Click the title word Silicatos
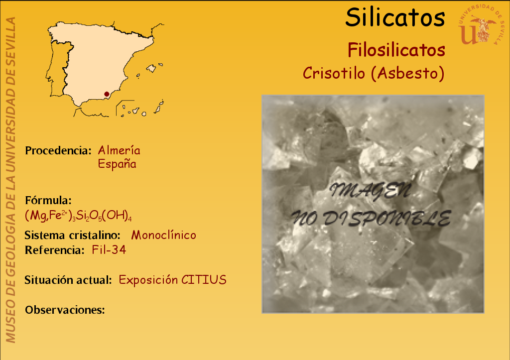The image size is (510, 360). tap(395, 17)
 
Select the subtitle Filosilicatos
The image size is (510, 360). tap(396, 50)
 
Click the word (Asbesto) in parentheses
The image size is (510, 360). tap(407, 73)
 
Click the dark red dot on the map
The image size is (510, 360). tap(107, 94)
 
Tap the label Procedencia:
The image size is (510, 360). tap(58, 150)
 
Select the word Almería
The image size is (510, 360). tap(119, 150)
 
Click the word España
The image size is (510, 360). tap(117, 164)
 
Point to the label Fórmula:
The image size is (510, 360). tap(48, 200)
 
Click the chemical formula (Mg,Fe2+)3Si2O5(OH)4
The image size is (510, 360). tap(78, 215)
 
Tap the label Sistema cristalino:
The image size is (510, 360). tap(73, 235)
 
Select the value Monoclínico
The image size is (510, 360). tap(163, 235)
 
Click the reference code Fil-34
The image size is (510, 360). tap(109, 250)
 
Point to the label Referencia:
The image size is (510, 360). tap(55, 250)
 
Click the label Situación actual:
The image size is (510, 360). tap(68, 280)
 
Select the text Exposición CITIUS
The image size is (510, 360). tap(172, 280)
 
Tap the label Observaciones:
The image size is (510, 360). tap(65, 310)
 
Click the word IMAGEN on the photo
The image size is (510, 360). tap(371, 191)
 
